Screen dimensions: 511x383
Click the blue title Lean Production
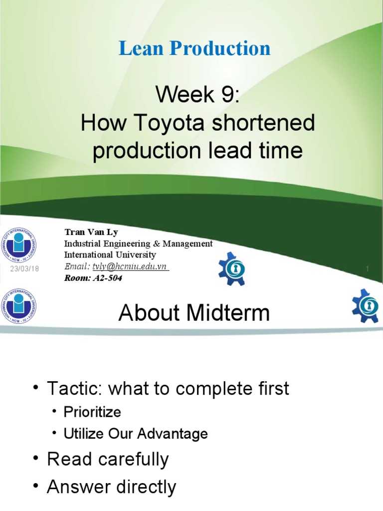[x=194, y=48]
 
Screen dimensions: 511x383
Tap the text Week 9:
[x=198, y=94]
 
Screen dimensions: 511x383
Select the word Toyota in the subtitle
[x=162, y=123]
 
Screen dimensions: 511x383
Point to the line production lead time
[x=198, y=150]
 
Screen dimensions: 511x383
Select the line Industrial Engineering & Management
[x=138, y=244]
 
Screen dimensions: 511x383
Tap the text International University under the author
[x=110, y=255]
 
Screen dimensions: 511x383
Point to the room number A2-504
[x=107, y=278]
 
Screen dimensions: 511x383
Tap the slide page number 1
[x=367, y=269]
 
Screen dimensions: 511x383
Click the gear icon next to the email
[x=232, y=268]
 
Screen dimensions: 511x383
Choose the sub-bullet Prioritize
[x=92, y=412]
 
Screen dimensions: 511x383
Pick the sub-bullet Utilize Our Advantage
[x=135, y=434]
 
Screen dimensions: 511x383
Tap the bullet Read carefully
[x=108, y=460]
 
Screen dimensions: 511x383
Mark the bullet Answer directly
[x=111, y=487]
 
